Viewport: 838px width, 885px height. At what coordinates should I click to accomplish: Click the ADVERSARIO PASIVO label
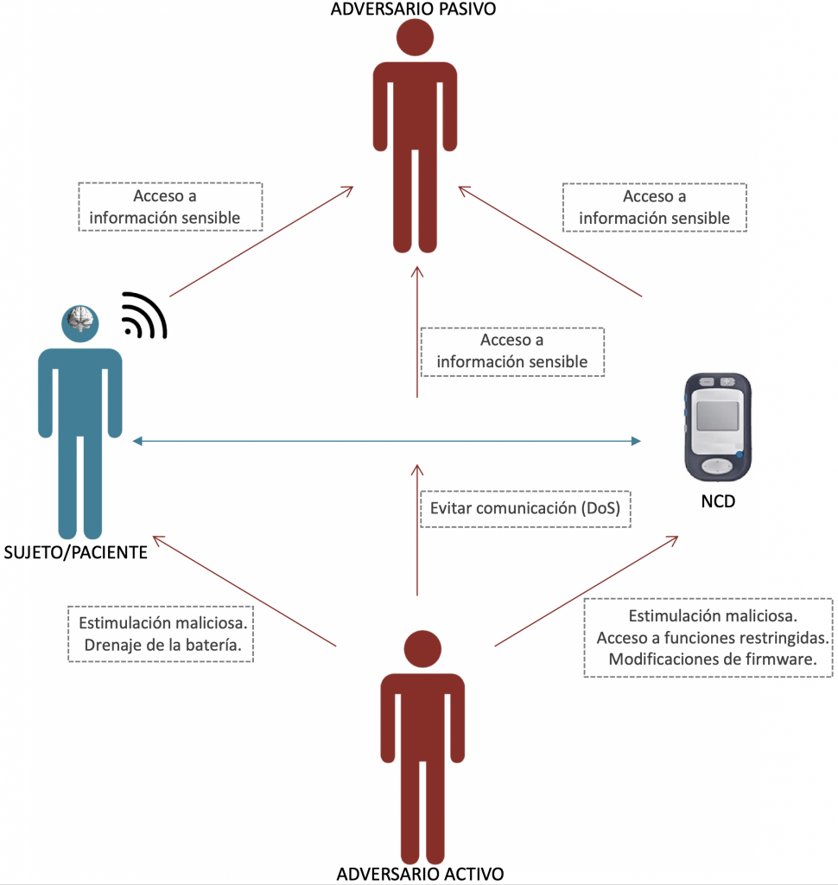(x=418, y=10)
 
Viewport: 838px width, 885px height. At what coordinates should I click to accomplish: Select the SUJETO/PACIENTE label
(x=75, y=552)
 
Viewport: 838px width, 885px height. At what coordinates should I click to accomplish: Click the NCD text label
(x=717, y=500)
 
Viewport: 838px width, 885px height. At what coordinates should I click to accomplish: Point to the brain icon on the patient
(x=79, y=322)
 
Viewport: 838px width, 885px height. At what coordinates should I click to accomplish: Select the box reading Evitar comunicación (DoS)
(x=525, y=508)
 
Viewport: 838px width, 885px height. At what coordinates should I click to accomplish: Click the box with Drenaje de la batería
(x=162, y=634)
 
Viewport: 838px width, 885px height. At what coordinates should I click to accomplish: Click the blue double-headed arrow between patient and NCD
(x=387, y=442)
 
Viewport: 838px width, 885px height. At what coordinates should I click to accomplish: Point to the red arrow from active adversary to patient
(x=244, y=592)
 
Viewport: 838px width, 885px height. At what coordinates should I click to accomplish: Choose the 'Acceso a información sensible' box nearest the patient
(x=170, y=207)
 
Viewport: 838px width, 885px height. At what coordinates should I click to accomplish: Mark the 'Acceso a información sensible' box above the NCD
(x=654, y=207)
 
